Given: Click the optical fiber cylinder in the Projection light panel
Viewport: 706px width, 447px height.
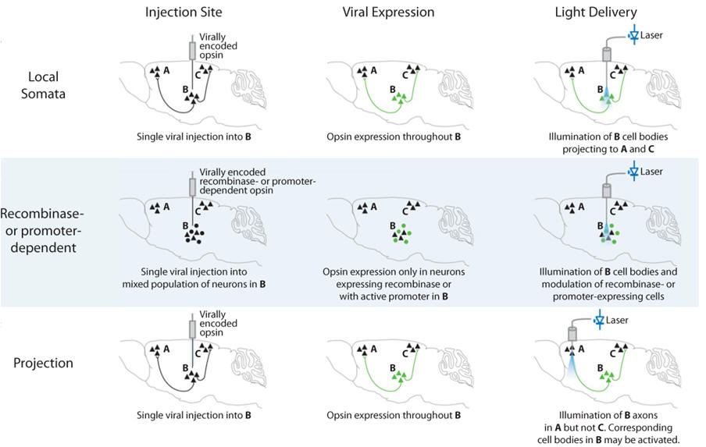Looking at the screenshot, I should tap(571, 335).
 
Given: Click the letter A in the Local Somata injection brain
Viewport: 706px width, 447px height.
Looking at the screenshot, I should tap(166, 71).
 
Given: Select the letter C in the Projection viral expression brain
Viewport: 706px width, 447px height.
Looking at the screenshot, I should tap(405, 354).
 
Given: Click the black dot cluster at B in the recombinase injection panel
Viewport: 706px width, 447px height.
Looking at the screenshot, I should tap(191, 232).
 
